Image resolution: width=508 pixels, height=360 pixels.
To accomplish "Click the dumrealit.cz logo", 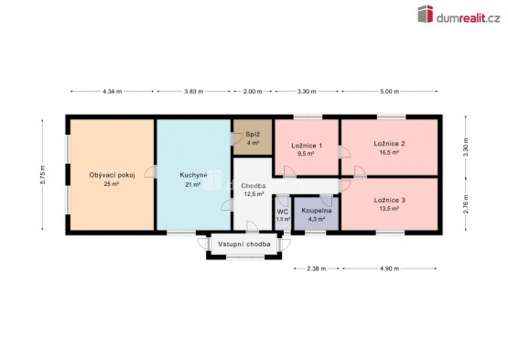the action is pyautogui.click(x=459, y=15).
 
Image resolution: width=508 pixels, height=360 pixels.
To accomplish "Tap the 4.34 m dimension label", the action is pyautogui.click(x=112, y=92).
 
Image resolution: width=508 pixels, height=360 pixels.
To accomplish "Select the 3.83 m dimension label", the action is pyautogui.click(x=194, y=92).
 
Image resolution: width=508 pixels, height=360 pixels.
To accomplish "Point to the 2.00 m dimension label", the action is pyautogui.click(x=253, y=92).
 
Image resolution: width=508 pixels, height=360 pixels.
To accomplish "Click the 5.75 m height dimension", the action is pyautogui.click(x=43, y=175).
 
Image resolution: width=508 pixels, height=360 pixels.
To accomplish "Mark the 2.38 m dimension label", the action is pyautogui.click(x=316, y=268).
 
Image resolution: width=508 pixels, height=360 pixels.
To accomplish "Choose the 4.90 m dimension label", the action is pyautogui.click(x=389, y=268).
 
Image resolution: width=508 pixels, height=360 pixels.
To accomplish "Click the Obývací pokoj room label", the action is pyautogui.click(x=112, y=175).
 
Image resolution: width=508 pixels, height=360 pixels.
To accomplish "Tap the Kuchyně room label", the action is pyautogui.click(x=193, y=175).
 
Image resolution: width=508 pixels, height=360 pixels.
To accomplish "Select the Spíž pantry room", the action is pyautogui.click(x=253, y=137).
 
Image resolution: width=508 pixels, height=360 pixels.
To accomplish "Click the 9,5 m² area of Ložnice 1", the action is pyautogui.click(x=306, y=154).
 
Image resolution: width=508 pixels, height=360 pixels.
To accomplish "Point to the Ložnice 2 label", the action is pyautogui.click(x=389, y=143).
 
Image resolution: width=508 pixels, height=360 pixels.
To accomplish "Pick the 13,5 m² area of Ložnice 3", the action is pyautogui.click(x=389, y=209).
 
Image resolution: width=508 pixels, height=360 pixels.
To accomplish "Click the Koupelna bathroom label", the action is pyautogui.click(x=317, y=211).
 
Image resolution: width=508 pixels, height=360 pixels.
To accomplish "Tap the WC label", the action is pyautogui.click(x=283, y=212).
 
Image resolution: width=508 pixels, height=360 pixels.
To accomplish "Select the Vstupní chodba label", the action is pyautogui.click(x=244, y=245).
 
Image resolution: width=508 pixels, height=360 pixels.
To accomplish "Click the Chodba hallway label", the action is pyautogui.click(x=254, y=186).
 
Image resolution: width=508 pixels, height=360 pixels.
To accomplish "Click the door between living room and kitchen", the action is pyautogui.click(x=151, y=171).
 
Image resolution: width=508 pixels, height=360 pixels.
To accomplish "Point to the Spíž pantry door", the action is pyautogui.click(x=236, y=138).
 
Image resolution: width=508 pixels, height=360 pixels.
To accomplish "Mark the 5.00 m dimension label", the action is pyautogui.click(x=389, y=92).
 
